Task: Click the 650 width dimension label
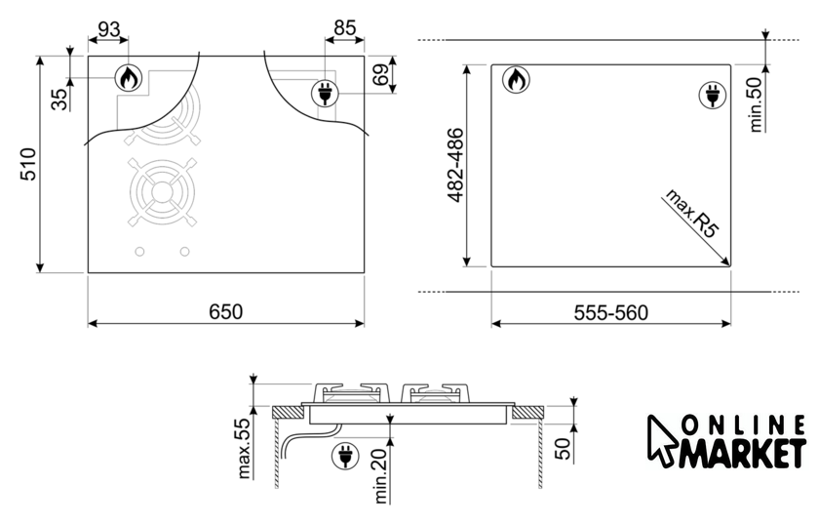point(225,311)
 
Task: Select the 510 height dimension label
point(28,164)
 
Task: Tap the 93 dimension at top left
point(108,30)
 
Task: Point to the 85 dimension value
point(345,27)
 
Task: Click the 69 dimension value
point(382,74)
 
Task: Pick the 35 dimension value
point(59,100)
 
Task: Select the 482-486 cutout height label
point(455,165)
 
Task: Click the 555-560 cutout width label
point(610,312)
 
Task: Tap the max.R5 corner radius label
point(691,214)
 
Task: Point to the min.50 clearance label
point(756,101)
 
